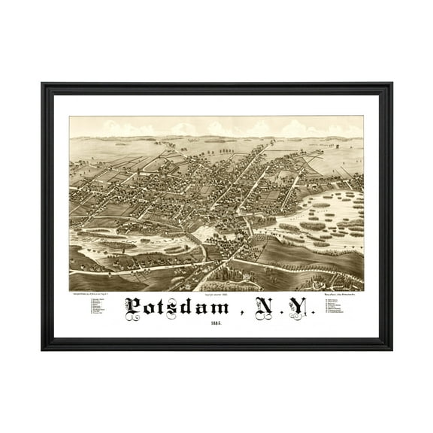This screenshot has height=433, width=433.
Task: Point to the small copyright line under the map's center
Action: [216, 294]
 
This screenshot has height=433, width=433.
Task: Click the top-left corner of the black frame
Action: [43, 84]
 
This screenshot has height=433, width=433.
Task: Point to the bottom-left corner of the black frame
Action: [43, 349]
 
